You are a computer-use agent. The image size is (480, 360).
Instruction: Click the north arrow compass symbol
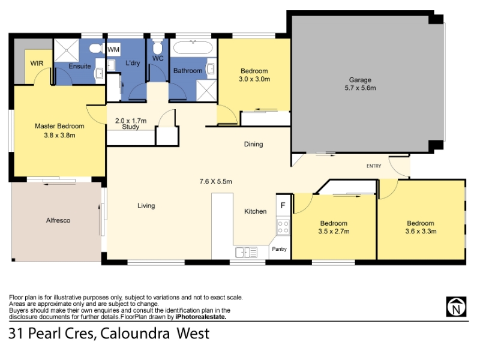pyautogui.click(x=456, y=307)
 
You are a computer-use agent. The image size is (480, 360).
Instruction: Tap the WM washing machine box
pyautogui.click(x=113, y=49)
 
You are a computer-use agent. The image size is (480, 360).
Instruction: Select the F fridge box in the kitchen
pyautogui.click(x=283, y=206)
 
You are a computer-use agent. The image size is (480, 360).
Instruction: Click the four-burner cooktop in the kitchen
pyautogui.click(x=283, y=227)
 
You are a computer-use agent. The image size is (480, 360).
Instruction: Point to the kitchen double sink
pyautogui.click(x=247, y=252)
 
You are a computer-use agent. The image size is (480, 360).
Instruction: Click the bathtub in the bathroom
pyautogui.click(x=193, y=48)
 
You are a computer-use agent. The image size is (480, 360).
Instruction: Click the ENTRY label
pyautogui.click(x=374, y=166)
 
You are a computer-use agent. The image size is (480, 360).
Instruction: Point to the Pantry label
pyautogui.click(x=279, y=249)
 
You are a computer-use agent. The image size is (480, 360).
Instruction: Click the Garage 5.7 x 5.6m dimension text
pyautogui.click(x=361, y=88)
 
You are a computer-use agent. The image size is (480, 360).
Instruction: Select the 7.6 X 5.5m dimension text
pyautogui.click(x=215, y=182)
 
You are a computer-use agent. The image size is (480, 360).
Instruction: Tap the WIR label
pyautogui.click(x=37, y=64)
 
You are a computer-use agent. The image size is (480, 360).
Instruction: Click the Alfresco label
pyautogui.click(x=58, y=220)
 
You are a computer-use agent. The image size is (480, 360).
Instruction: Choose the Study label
pyautogui.click(x=130, y=127)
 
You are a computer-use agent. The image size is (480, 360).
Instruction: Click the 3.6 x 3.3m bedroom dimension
pyautogui.click(x=421, y=232)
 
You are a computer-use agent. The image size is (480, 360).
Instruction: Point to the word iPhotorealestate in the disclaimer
pyautogui.click(x=201, y=317)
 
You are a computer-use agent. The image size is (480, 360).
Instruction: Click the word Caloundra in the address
pyautogui.click(x=135, y=334)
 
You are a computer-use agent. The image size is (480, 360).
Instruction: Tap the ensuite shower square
pyautogui.click(x=67, y=50)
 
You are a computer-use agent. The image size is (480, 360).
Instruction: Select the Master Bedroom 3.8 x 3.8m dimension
pyautogui.click(x=59, y=136)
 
